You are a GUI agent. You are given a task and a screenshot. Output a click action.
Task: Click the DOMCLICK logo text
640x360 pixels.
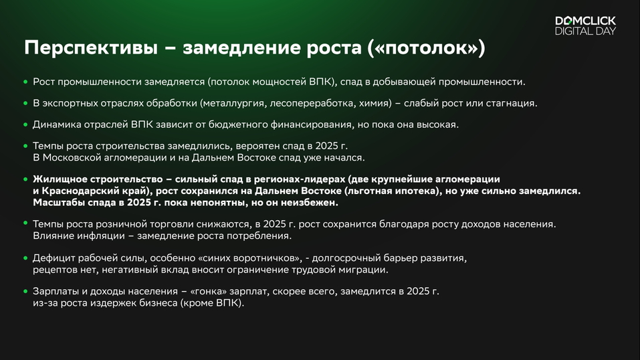(585, 21)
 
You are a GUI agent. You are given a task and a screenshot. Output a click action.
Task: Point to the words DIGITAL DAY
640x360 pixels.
(585, 31)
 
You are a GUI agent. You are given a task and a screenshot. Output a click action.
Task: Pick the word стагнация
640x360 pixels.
(509, 103)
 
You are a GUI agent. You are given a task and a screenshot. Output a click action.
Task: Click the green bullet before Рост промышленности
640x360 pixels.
(25, 82)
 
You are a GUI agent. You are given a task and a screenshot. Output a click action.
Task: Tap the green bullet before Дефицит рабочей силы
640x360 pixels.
(25, 258)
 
